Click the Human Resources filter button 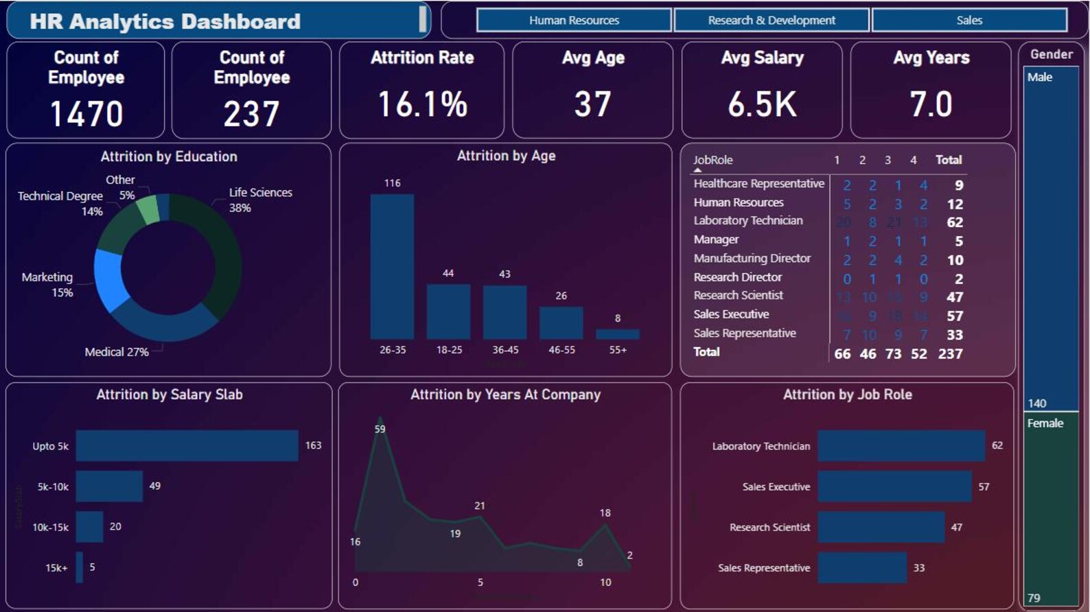[x=574, y=21]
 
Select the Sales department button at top [x=969, y=21]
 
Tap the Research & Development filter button [x=772, y=21]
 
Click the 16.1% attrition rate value [x=422, y=105]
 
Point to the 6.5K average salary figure [x=762, y=105]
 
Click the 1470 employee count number [x=86, y=114]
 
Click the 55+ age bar [x=617, y=334]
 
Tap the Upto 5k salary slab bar [x=187, y=446]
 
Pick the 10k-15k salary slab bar [x=89, y=527]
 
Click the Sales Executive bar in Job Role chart [x=894, y=486]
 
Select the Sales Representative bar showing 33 [x=862, y=568]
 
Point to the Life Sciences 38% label [x=260, y=200]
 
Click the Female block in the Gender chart [x=1051, y=508]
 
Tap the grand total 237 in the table [x=950, y=354]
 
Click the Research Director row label [x=737, y=277]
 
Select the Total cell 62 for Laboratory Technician [x=954, y=222]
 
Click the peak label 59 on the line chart [x=380, y=429]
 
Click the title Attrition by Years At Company [x=505, y=395]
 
